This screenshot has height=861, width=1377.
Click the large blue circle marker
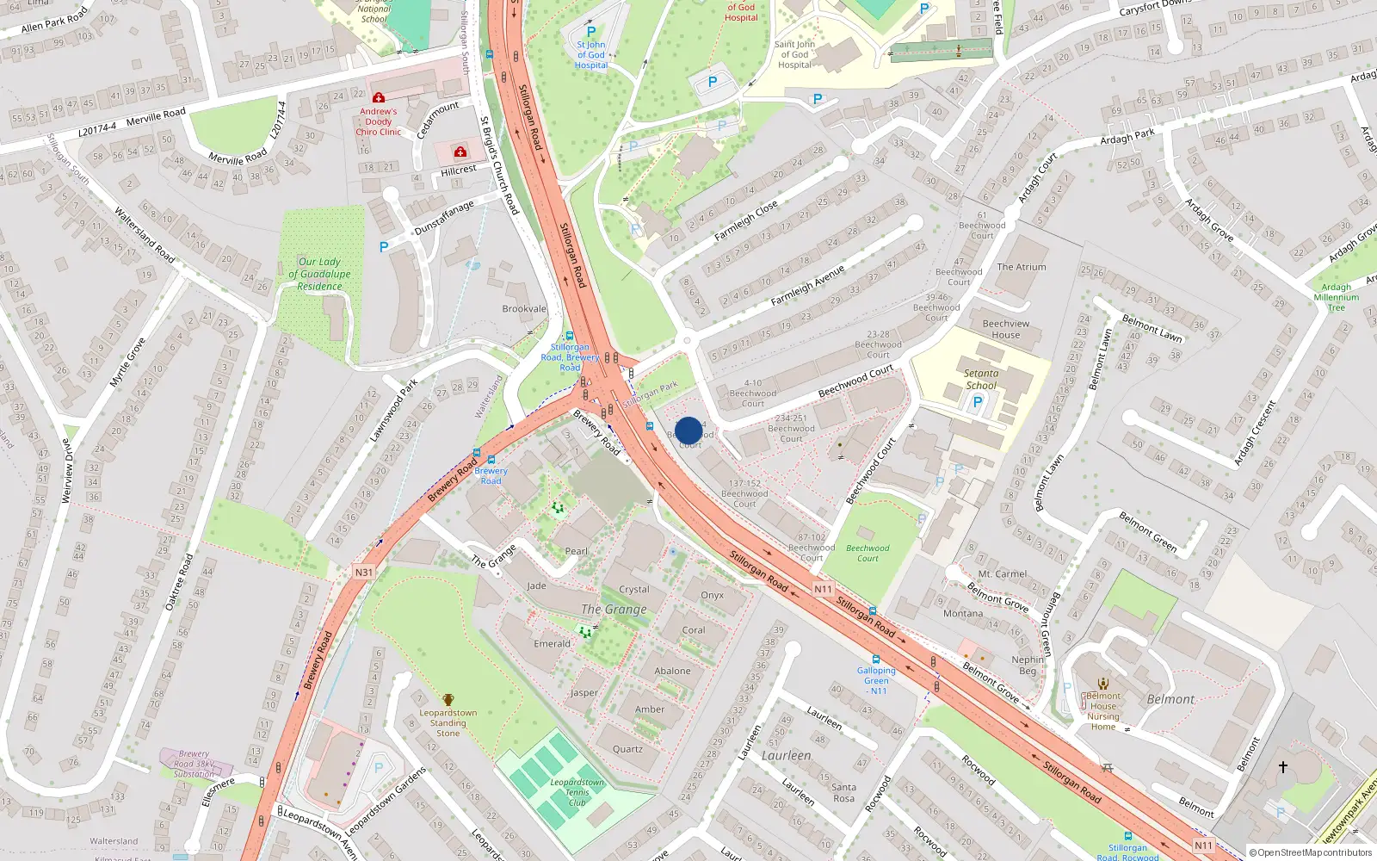coord(688,430)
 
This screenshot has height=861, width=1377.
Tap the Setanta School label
coord(981,380)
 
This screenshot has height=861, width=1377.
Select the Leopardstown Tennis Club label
coord(577,792)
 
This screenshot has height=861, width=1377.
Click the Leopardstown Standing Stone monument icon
coord(448,699)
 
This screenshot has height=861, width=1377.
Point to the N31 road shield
coord(364,572)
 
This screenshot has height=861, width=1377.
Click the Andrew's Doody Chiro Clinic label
coord(379,121)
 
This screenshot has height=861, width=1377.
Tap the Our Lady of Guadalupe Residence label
coord(319,274)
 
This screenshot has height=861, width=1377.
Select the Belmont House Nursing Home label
coord(1103,711)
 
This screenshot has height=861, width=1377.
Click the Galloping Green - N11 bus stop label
coord(876,680)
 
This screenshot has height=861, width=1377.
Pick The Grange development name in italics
coord(614,610)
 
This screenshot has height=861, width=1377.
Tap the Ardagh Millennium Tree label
coord(1336,297)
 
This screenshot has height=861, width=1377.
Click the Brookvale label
coord(524,308)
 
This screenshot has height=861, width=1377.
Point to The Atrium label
coord(1022,267)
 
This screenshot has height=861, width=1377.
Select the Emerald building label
coord(552,643)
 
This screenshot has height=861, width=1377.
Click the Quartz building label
coord(627,749)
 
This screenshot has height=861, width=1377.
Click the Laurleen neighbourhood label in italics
coord(786,755)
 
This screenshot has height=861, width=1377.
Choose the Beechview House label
coord(1005,329)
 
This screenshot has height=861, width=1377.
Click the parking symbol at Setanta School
coord(977,402)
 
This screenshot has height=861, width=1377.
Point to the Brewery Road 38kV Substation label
coord(194,764)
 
